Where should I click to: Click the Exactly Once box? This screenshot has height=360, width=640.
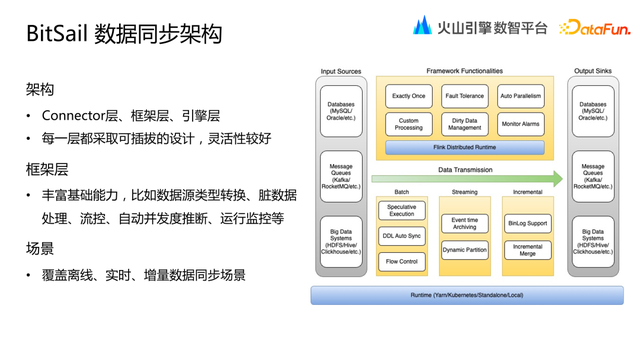(x=408, y=96)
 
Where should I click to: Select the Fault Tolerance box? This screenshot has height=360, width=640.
(x=464, y=96)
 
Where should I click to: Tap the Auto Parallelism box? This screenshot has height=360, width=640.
(x=520, y=96)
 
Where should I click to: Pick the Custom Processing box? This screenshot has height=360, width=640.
(x=408, y=124)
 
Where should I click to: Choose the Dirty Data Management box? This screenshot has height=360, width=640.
(x=464, y=124)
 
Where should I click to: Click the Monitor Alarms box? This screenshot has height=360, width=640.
(x=520, y=124)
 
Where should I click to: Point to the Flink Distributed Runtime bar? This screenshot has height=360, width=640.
(x=464, y=147)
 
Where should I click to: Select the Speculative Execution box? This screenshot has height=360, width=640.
(x=402, y=210)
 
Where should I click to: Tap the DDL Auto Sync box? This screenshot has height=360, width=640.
(x=402, y=236)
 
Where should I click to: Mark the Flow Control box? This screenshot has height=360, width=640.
(x=402, y=261)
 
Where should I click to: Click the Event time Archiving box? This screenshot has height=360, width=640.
(x=464, y=222)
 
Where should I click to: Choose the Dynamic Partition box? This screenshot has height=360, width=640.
(x=464, y=249)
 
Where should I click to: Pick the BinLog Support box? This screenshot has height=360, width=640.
(x=527, y=222)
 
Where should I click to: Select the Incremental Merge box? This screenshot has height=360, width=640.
(x=527, y=249)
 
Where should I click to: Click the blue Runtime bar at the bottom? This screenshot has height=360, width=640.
(x=466, y=295)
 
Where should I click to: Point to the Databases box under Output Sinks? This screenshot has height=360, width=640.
(x=592, y=111)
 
